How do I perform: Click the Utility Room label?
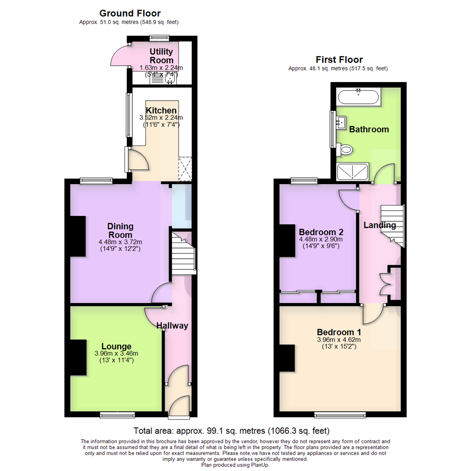161,56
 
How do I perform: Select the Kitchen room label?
161,110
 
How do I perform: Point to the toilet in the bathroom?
345,150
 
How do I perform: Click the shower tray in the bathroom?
353,172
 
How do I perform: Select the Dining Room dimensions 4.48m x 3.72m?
120,242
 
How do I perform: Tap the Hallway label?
172,325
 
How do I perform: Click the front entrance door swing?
179,405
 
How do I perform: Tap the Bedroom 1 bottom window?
340,414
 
